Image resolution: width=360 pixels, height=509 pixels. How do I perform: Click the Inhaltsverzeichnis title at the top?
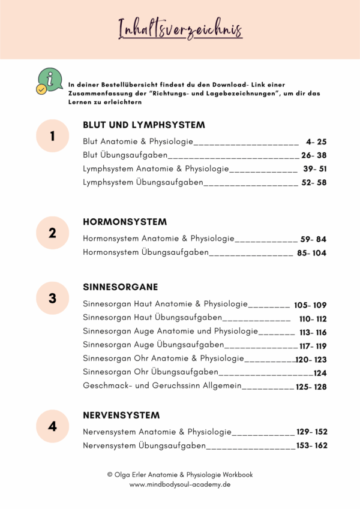(x=180, y=28)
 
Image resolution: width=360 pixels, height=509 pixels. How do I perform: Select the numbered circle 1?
(x=52, y=136)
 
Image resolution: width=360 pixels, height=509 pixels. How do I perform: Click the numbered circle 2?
(x=52, y=233)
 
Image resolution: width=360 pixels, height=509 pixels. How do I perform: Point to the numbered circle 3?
(x=52, y=298)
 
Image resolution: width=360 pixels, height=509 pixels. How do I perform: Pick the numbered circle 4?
(x=52, y=426)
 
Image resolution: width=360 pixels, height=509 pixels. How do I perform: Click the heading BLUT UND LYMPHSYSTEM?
(x=144, y=125)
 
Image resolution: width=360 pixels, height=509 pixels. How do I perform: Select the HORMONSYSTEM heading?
(x=125, y=222)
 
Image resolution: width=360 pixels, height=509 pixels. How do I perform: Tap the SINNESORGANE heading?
(x=120, y=287)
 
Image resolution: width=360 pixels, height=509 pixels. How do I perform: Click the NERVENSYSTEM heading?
(x=121, y=415)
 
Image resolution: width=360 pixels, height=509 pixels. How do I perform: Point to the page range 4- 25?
(x=316, y=142)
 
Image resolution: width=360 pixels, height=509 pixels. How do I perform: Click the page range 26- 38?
(x=314, y=156)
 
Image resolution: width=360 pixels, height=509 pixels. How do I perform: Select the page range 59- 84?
(x=313, y=239)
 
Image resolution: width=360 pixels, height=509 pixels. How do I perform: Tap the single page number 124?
(x=320, y=373)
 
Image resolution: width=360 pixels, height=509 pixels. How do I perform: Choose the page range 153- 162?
(x=311, y=445)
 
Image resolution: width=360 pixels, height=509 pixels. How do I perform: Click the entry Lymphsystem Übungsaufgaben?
(x=143, y=183)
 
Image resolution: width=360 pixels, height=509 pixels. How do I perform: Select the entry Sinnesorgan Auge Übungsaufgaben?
(x=153, y=345)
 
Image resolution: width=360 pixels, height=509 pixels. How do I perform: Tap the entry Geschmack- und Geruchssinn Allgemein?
(x=162, y=387)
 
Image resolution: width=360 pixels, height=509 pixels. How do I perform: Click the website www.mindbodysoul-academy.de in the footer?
(x=180, y=484)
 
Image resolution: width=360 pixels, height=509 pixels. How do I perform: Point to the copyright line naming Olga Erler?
(x=180, y=474)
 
